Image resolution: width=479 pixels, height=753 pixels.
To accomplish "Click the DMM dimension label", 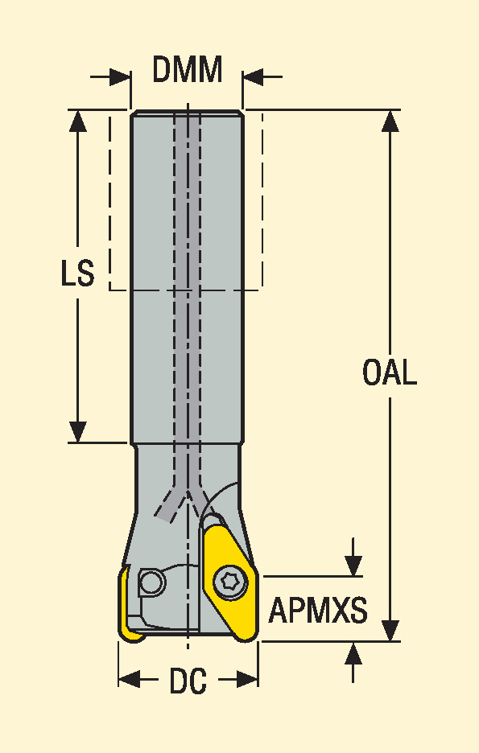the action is click(188, 70).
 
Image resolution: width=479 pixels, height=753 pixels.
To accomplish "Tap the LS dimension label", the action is click(77, 274).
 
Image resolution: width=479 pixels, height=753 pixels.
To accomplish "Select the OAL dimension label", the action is click(389, 372).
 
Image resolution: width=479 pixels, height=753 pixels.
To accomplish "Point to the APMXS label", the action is click(317, 611).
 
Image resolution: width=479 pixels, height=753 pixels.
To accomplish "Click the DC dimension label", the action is click(188, 681).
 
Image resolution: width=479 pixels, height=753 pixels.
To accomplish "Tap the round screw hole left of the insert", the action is click(152, 583).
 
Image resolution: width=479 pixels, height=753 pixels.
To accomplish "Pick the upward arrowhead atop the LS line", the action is click(78, 121).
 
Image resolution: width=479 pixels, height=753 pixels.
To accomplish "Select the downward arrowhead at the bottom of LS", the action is click(78, 431).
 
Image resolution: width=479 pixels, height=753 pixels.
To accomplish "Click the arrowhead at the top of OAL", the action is click(390, 121).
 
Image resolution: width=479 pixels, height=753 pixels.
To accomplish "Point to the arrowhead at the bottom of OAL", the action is click(390, 630).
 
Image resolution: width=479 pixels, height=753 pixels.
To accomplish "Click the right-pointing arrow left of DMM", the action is click(110, 76).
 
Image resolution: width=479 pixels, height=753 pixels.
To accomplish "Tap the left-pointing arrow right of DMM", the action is click(262, 76).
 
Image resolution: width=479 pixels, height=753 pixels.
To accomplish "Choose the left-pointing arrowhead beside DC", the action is click(130, 680).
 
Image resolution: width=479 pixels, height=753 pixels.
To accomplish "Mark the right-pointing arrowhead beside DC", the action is click(247, 680).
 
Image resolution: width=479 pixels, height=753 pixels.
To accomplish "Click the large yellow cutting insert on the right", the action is click(229, 582).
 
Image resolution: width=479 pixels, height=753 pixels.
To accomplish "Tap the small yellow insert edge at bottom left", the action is click(127, 604).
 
